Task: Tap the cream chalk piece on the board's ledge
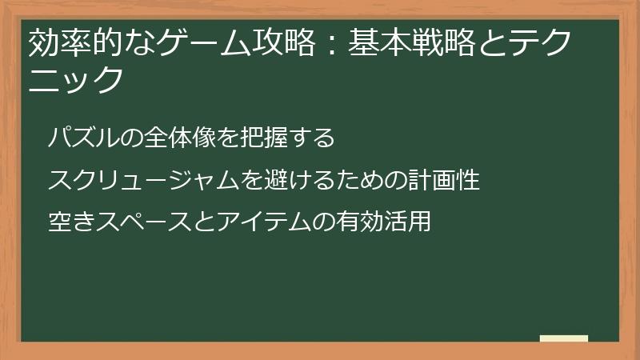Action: [564, 338]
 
